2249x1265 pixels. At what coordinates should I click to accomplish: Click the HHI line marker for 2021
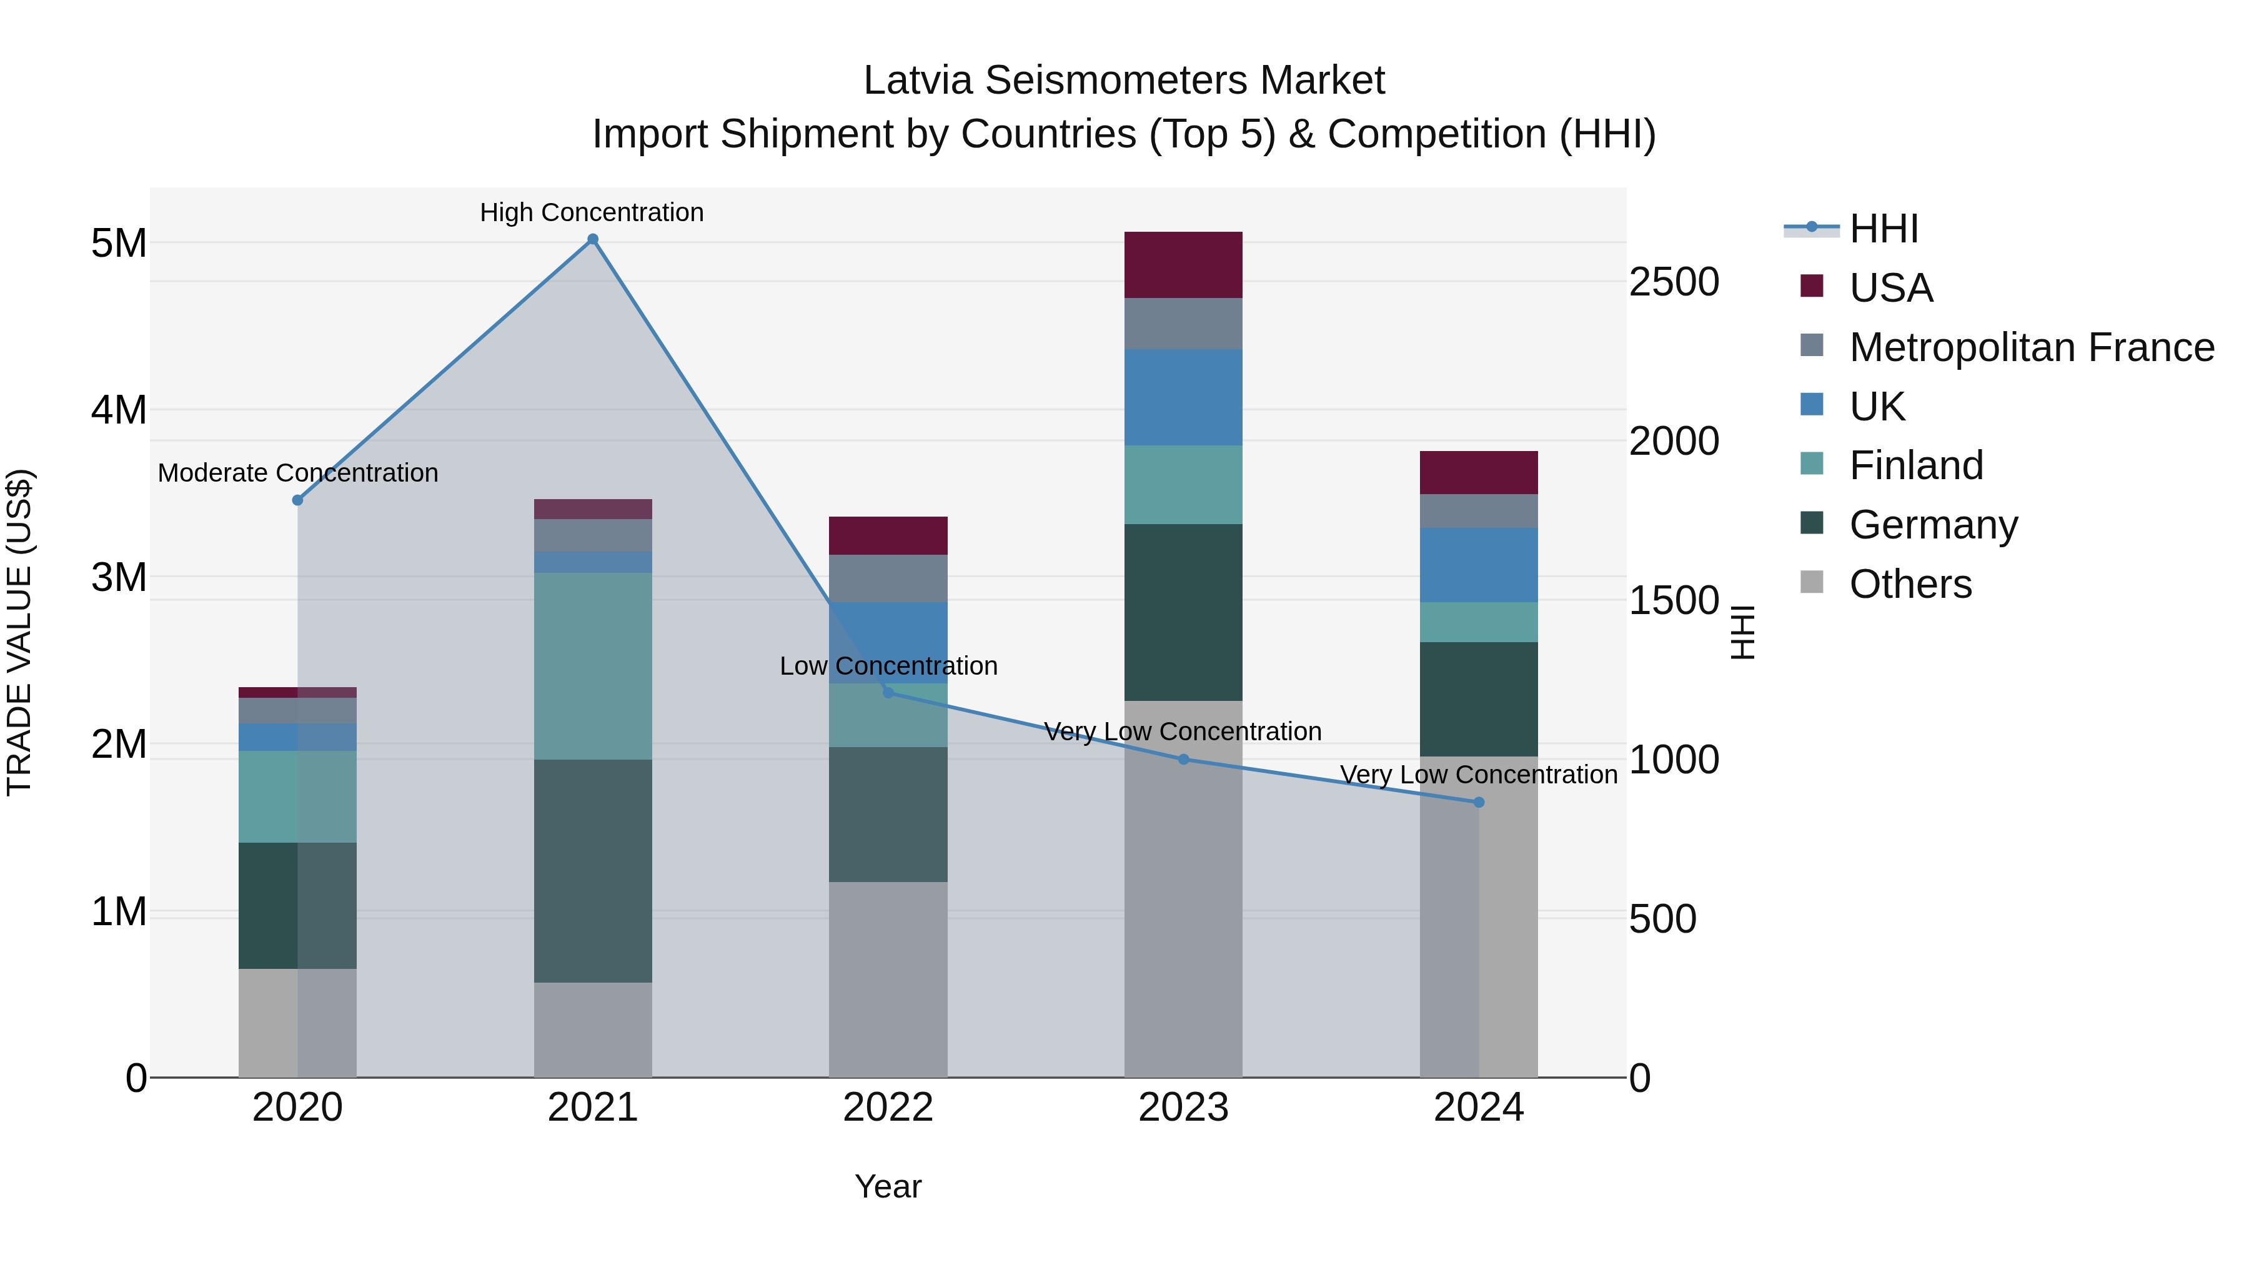(x=593, y=239)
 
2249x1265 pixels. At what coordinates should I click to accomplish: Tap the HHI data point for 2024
(x=1478, y=801)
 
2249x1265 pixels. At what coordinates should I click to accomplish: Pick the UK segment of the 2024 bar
(x=1478, y=564)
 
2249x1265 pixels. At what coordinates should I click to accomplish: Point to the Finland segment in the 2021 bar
(x=593, y=665)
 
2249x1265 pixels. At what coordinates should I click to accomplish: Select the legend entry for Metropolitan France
(x=2031, y=347)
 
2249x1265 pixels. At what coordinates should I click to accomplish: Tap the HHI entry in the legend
(x=1883, y=229)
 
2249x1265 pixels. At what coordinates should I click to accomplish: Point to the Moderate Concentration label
(x=298, y=472)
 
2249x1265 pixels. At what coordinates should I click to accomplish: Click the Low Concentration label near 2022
(x=888, y=665)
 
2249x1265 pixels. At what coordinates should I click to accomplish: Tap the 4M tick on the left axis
(x=119, y=409)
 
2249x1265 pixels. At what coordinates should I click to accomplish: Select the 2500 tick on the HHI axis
(x=1674, y=282)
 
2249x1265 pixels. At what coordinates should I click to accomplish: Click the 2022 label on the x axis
(x=887, y=1107)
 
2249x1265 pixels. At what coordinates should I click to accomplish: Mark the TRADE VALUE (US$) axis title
(x=19, y=632)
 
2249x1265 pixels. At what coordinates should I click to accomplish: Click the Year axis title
(x=887, y=1186)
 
